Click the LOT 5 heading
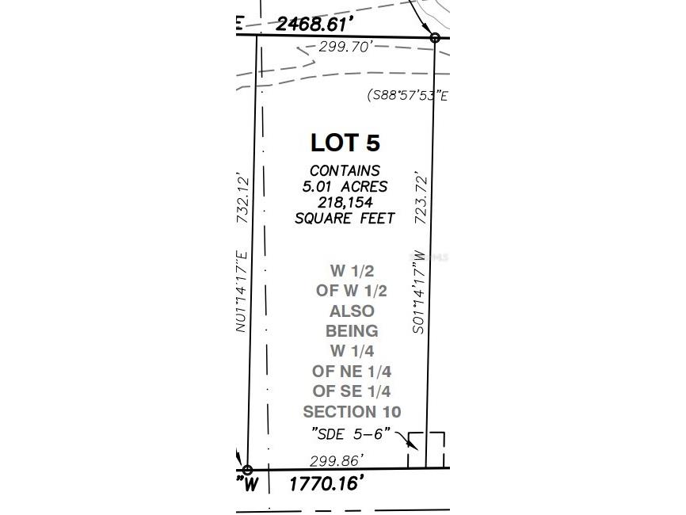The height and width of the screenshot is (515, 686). coord(345,143)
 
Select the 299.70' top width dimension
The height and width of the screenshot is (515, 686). coord(345,47)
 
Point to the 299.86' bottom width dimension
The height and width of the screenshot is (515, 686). coord(337,460)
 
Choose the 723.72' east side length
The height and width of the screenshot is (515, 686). coord(421,196)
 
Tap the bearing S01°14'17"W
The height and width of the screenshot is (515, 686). coord(421,292)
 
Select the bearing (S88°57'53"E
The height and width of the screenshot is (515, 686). coord(407,96)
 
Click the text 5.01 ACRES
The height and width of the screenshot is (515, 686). coord(345,187)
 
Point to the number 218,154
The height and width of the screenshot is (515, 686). coord(345,203)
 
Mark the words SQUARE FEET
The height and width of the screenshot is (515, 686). coord(345,219)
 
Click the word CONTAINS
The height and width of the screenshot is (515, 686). coord(345,170)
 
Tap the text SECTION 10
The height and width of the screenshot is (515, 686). coord(352,412)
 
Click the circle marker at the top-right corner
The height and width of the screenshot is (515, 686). coord(434,37)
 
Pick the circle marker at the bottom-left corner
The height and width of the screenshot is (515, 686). coord(247,470)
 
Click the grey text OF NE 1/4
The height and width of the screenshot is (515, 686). coord(352,371)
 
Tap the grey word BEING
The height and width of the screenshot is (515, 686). coord(352,330)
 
